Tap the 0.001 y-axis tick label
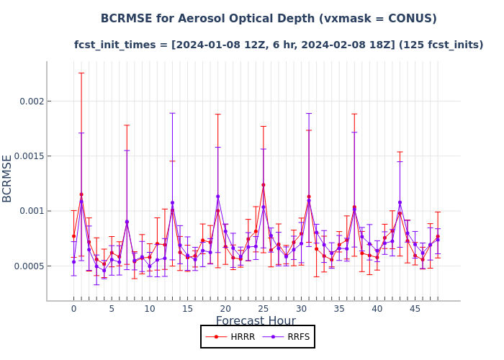coord(28,211)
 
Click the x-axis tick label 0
coord(73,308)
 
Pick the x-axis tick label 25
coord(264,308)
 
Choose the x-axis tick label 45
coord(415,308)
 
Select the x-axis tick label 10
coord(149,308)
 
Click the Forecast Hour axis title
coord(256,321)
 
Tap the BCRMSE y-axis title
coord(8,178)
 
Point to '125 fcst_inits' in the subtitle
coord(444,45)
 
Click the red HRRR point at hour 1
coord(81,194)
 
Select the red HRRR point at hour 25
coord(264,185)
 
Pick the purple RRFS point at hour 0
coord(73,261)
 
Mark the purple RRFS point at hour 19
coord(217,197)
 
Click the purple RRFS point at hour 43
coord(400,202)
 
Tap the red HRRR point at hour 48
coord(438,236)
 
